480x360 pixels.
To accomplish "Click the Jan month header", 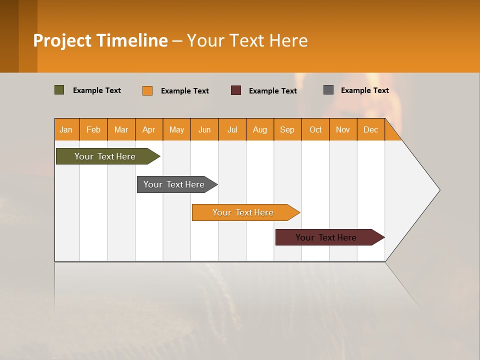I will click(66, 129).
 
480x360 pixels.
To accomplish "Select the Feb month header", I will click(93, 129).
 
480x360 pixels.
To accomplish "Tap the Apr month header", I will click(148, 129).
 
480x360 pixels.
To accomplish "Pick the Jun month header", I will click(204, 129).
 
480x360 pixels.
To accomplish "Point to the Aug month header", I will click(259, 129).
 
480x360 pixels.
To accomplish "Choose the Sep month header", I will click(287, 129).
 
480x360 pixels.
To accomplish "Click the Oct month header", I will click(315, 129).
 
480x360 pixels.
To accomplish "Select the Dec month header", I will click(370, 129).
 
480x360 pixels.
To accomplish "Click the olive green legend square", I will click(59, 90).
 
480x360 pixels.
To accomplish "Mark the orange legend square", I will click(147, 90).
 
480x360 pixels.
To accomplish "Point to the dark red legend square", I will click(236, 90).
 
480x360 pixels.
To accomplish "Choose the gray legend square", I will click(328, 90).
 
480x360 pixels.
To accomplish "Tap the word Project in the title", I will click(62, 40).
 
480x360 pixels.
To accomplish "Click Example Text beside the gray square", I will click(364, 90).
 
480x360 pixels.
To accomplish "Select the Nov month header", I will click(342, 129).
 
